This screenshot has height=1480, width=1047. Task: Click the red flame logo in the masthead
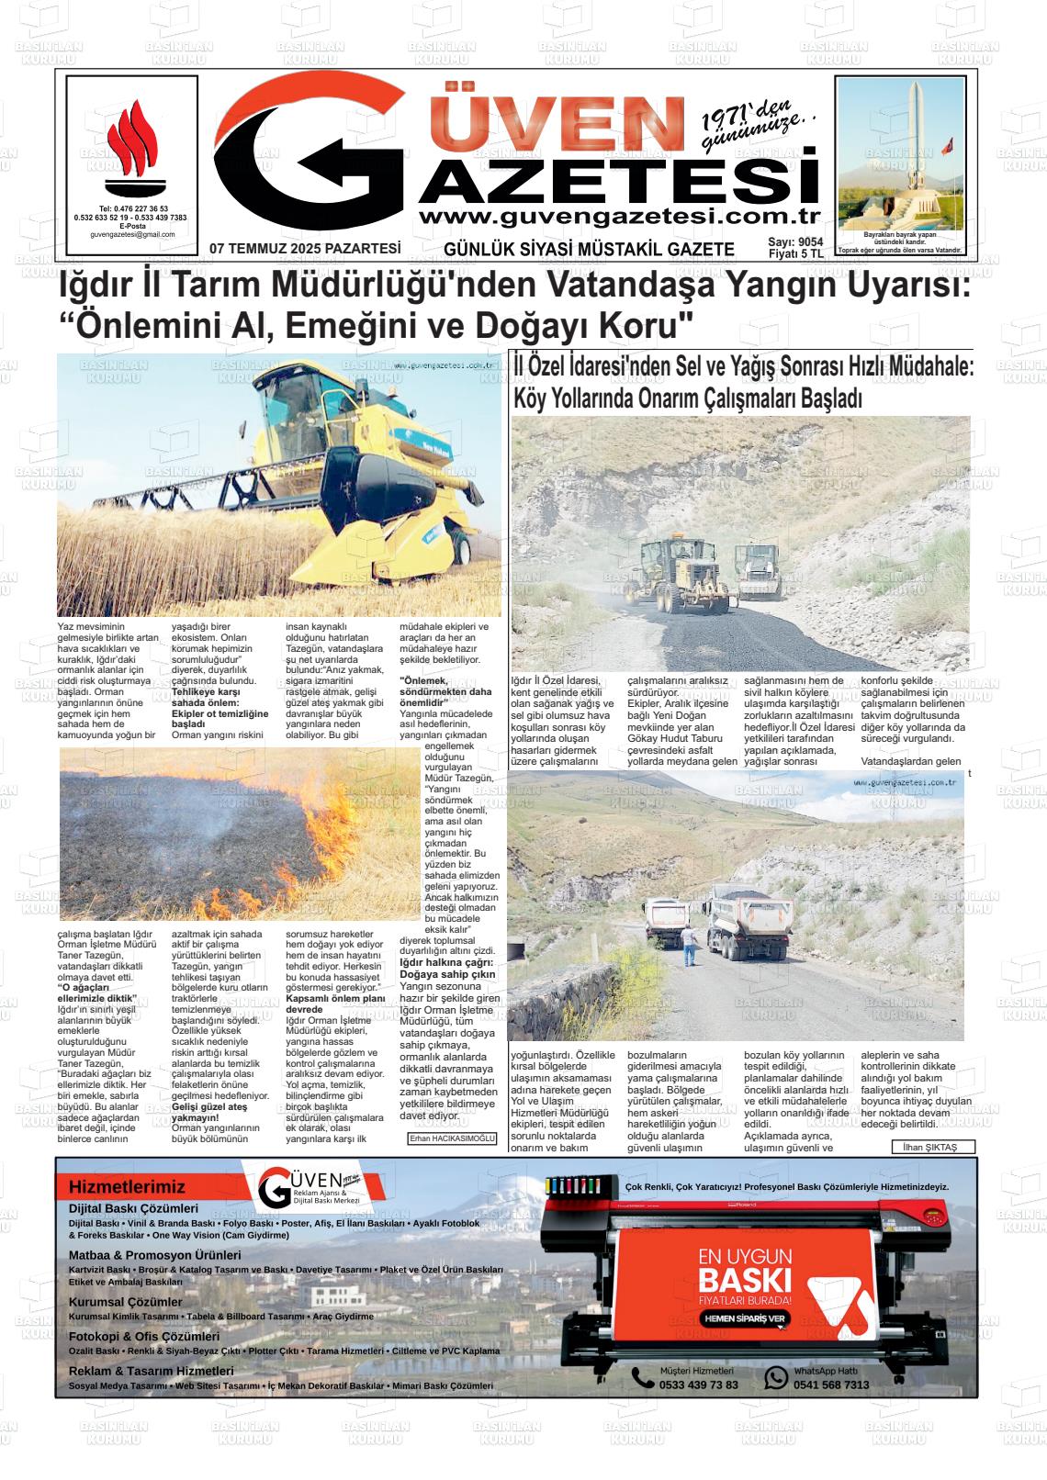(132, 148)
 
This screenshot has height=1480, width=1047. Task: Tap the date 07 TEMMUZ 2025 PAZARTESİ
(305, 248)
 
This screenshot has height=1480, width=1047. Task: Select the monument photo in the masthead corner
(901, 154)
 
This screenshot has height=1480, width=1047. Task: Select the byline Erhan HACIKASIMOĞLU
(452, 1139)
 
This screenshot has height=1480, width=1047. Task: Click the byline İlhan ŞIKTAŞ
(930, 1147)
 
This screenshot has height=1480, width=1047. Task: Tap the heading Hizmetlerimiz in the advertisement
(127, 1187)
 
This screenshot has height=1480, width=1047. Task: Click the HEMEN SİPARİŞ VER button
(744, 1318)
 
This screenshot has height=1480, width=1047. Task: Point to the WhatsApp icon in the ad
(777, 1377)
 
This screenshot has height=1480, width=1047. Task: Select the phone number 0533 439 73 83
(698, 1385)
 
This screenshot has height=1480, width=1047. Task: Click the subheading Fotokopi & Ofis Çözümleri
(144, 1337)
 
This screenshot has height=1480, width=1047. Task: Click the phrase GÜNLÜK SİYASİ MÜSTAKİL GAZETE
(589, 249)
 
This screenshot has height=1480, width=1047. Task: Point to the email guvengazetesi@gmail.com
(132, 235)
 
